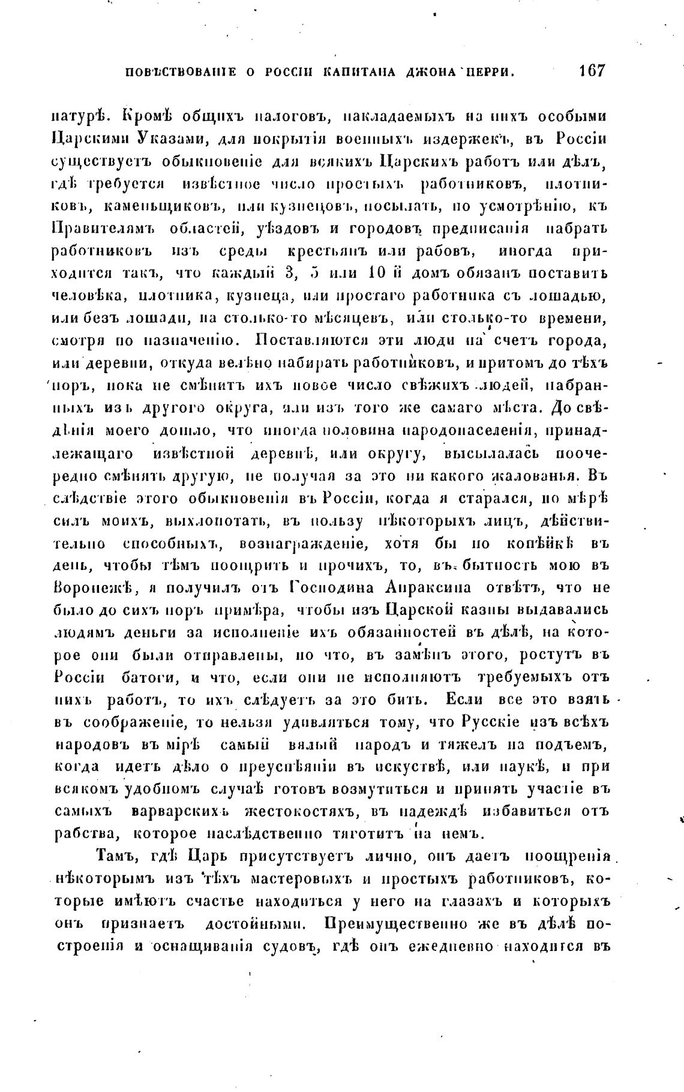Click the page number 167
tap(590, 71)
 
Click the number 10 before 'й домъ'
tap(374, 274)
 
